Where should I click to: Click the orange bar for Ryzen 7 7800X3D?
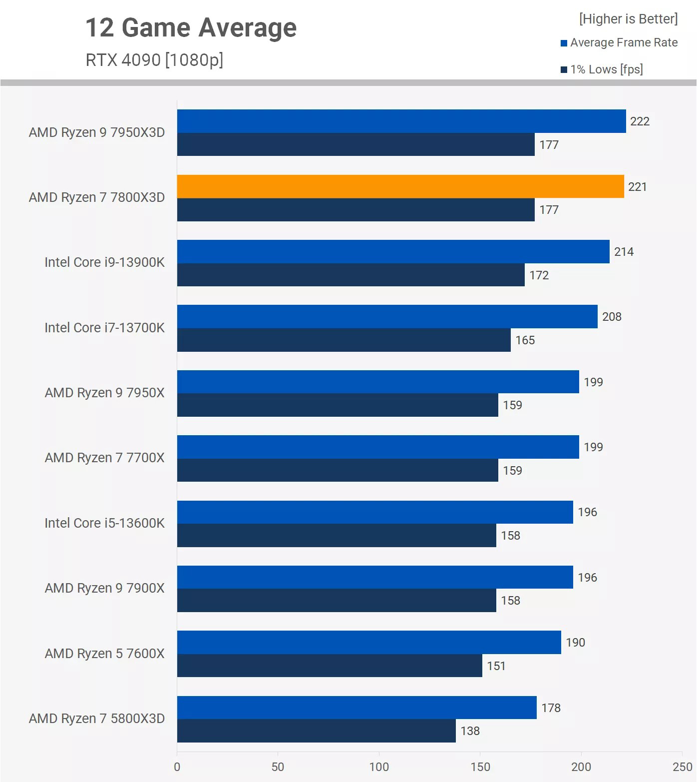(x=400, y=186)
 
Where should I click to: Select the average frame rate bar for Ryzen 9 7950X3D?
(x=401, y=121)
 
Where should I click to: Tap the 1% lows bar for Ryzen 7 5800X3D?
(x=316, y=731)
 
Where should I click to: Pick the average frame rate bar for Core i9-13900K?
(x=393, y=251)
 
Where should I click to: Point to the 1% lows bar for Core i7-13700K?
(x=344, y=340)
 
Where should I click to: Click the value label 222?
(x=640, y=121)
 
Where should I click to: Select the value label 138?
(x=470, y=731)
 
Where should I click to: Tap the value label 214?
(x=624, y=252)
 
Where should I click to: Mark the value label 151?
(x=496, y=666)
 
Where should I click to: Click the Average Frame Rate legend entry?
(x=619, y=43)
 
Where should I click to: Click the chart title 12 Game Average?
(x=191, y=27)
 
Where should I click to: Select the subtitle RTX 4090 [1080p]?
(x=154, y=60)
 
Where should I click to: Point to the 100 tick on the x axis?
(x=379, y=767)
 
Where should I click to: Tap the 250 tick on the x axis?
(x=682, y=767)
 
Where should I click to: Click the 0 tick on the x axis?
(x=177, y=767)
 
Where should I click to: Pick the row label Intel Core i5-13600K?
(x=104, y=523)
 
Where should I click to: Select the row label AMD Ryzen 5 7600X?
(x=104, y=654)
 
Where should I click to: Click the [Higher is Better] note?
(x=628, y=19)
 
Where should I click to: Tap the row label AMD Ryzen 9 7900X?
(x=104, y=588)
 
